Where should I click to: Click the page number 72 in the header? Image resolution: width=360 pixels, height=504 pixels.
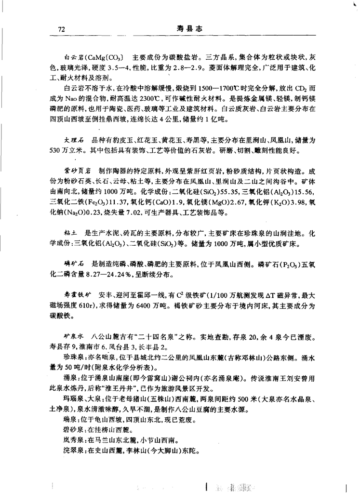coord(61,29)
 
